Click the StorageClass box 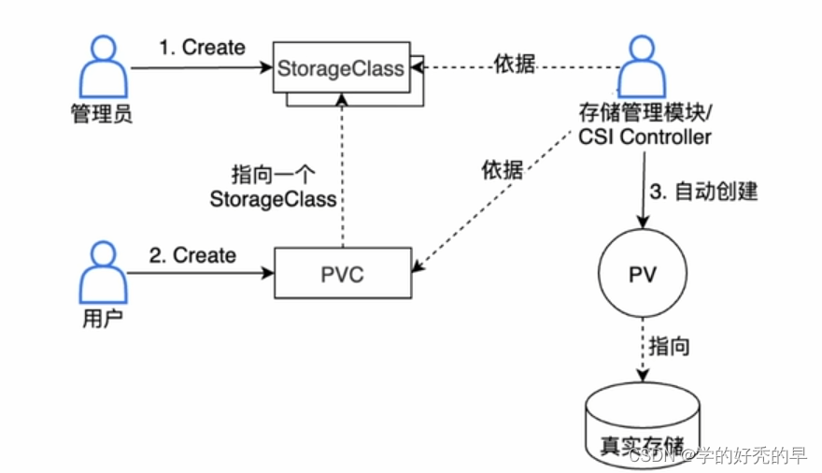pyautogui.click(x=340, y=68)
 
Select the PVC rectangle pyautogui.click(x=342, y=273)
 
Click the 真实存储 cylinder pyautogui.click(x=642, y=425)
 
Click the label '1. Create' pyautogui.click(x=201, y=47)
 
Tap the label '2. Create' pyautogui.click(x=192, y=254)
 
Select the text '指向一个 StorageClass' pyautogui.click(x=272, y=186)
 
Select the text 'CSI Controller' pyautogui.click(x=644, y=138)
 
